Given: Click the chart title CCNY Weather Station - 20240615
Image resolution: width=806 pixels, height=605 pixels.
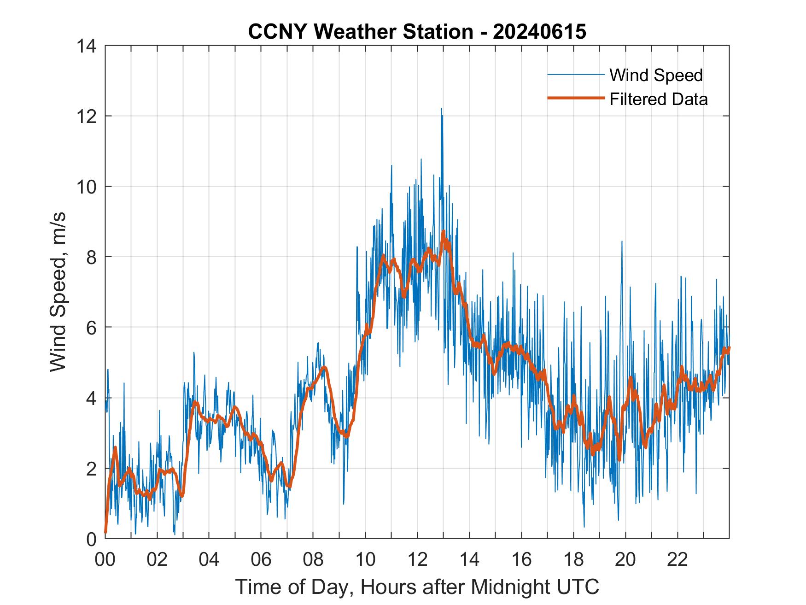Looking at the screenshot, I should click(x=417, y=32).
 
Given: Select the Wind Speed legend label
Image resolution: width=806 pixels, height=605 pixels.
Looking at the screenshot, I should click(x=656, y=75).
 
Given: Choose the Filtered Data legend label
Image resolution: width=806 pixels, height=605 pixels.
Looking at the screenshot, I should click(x=658, y=99).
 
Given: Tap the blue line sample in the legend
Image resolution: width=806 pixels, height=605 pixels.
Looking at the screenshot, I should click(x=575, y=75).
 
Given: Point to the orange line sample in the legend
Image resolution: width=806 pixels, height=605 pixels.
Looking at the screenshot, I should click(x=575, y=98).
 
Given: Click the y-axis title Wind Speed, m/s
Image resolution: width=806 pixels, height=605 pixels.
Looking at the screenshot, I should click(x=58, y=292).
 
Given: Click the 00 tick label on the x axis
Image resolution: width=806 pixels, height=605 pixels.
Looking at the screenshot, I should click(x=105, y=559).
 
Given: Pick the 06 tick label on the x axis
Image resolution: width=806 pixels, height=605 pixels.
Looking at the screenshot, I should click(x=261, y=559).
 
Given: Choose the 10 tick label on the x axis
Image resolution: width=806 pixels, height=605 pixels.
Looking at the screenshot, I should click(x=365, y=559).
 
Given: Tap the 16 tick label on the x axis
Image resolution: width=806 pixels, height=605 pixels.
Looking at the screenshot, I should click(x=521, y=559).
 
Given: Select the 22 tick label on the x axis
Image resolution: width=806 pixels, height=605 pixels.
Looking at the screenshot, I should click(x=678, y=559).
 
